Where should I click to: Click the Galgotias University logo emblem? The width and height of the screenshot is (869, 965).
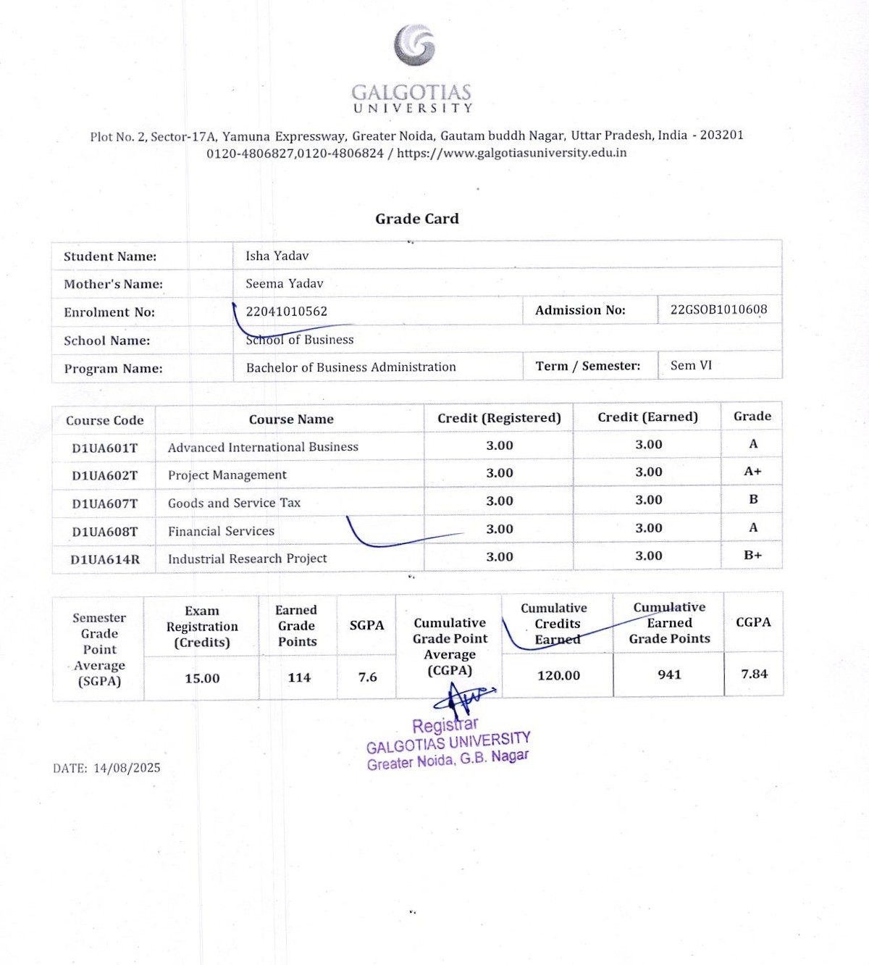(x=414, y=45)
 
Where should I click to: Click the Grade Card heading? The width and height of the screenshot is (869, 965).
(x=417, y=219)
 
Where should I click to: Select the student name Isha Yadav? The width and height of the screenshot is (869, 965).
(x=277, y=256)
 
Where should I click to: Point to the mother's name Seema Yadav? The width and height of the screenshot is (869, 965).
(x=284, y=283)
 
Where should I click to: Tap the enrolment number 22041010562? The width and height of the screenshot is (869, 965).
(x=286, y=312)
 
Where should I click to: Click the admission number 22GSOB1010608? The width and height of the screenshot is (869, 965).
(x=718, y=309)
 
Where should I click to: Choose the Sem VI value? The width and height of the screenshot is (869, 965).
(x=691, y=365)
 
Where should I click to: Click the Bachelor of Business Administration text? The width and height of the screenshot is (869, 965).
(x=350, y=367)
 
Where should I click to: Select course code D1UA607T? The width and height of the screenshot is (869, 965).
(x=104, y=504)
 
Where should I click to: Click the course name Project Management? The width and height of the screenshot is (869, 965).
(x=227, y=475)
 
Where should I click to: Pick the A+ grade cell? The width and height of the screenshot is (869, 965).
(x=752, y=472)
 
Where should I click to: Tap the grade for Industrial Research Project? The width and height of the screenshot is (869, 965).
(x=752, y=555)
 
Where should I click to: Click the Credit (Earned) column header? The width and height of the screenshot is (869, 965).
(x=647, y=417)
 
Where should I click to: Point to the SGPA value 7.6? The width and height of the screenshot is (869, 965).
(x=367, y=677)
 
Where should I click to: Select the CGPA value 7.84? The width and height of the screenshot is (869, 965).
(x=754, y=674)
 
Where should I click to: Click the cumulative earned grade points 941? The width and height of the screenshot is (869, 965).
(x=669, y=674)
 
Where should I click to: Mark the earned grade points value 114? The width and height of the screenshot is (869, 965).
(x=298, y=677)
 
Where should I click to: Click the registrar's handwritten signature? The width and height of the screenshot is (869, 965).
(x=462, y=698)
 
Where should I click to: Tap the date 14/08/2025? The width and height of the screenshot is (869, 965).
(x=127, y=768)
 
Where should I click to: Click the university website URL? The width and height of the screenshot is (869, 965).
(x=511, y=153)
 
